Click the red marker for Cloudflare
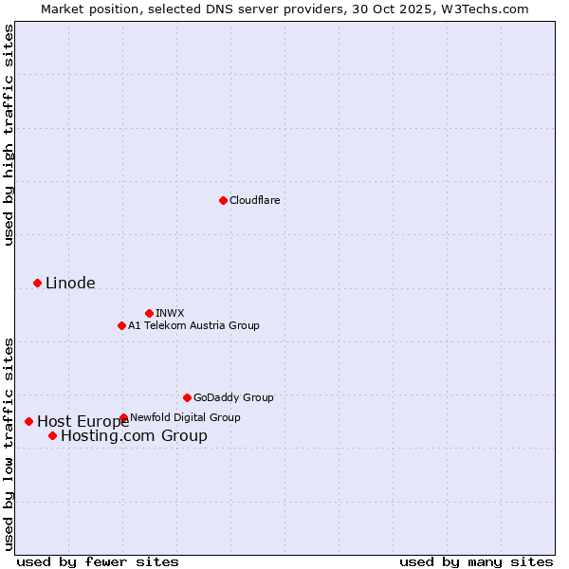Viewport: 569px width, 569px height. pyautogui.click(x=223, y=200)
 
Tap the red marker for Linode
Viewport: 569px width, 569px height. pyautogui.click(x=37, y=283)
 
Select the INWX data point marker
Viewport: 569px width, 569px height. pyautogui.click(x=149, y=313)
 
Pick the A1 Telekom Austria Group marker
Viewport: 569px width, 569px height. pyautogui.click(x=121, y=325)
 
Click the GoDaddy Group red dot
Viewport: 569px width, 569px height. pyautogui.click(x=187, y=397)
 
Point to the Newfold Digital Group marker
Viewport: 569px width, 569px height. pyautogui.click(x=123, y=417)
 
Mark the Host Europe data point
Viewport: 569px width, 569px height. pyautogui.click(x=28, y=421)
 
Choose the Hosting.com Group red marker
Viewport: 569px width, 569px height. pyautogui.click(x=52, y=435)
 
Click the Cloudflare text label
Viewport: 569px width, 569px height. pyautogui.click(x=255, y=200)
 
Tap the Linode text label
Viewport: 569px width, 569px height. pyautogui.click(x=70, y=284)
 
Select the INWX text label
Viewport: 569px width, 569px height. pyautogui.click(x=171, y=313)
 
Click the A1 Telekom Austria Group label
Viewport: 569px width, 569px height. pyautogui.click(x=193, y=325)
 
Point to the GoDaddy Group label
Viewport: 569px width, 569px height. pyautogui.click(x=233, y=397)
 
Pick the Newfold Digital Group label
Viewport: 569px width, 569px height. pyautogui.click(x=185, y=417)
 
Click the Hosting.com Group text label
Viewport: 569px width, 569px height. pyautogui.click(x=134, y=436)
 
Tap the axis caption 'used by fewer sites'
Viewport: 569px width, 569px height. pyautogui.click(x=98, y=561)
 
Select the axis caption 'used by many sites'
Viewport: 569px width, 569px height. pyautogui.click(x=476, y=561)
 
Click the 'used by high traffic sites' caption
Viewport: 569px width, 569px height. pyautogui.click(x=9, y=135)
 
